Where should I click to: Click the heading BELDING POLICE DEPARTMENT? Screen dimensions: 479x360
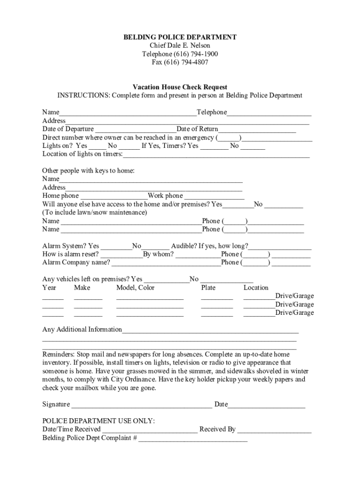click(x=180, y=37)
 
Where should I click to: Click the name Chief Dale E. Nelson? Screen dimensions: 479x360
click(x=180, y=45)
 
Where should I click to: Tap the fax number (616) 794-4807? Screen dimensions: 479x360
click(x=180, y=62)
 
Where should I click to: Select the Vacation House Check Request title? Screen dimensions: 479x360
click(x=180, y=87)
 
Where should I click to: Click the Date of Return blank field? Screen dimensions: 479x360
click(x=257, y=130)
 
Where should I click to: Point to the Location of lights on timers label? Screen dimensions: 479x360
click(x=82, y=154)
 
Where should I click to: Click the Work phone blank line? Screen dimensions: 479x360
click(x=214, y=196)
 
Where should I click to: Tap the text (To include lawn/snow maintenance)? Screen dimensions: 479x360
click(x=94, y=212)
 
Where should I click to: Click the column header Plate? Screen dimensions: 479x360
click(x=209, y=288)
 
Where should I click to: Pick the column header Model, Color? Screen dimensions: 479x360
click(x=135, y=288)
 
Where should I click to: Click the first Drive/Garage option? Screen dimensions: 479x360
click(x=295, y=296)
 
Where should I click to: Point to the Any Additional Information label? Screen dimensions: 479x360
click(x=82, y=329)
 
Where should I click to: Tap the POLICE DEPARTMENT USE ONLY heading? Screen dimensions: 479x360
click(x=99, y=421)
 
